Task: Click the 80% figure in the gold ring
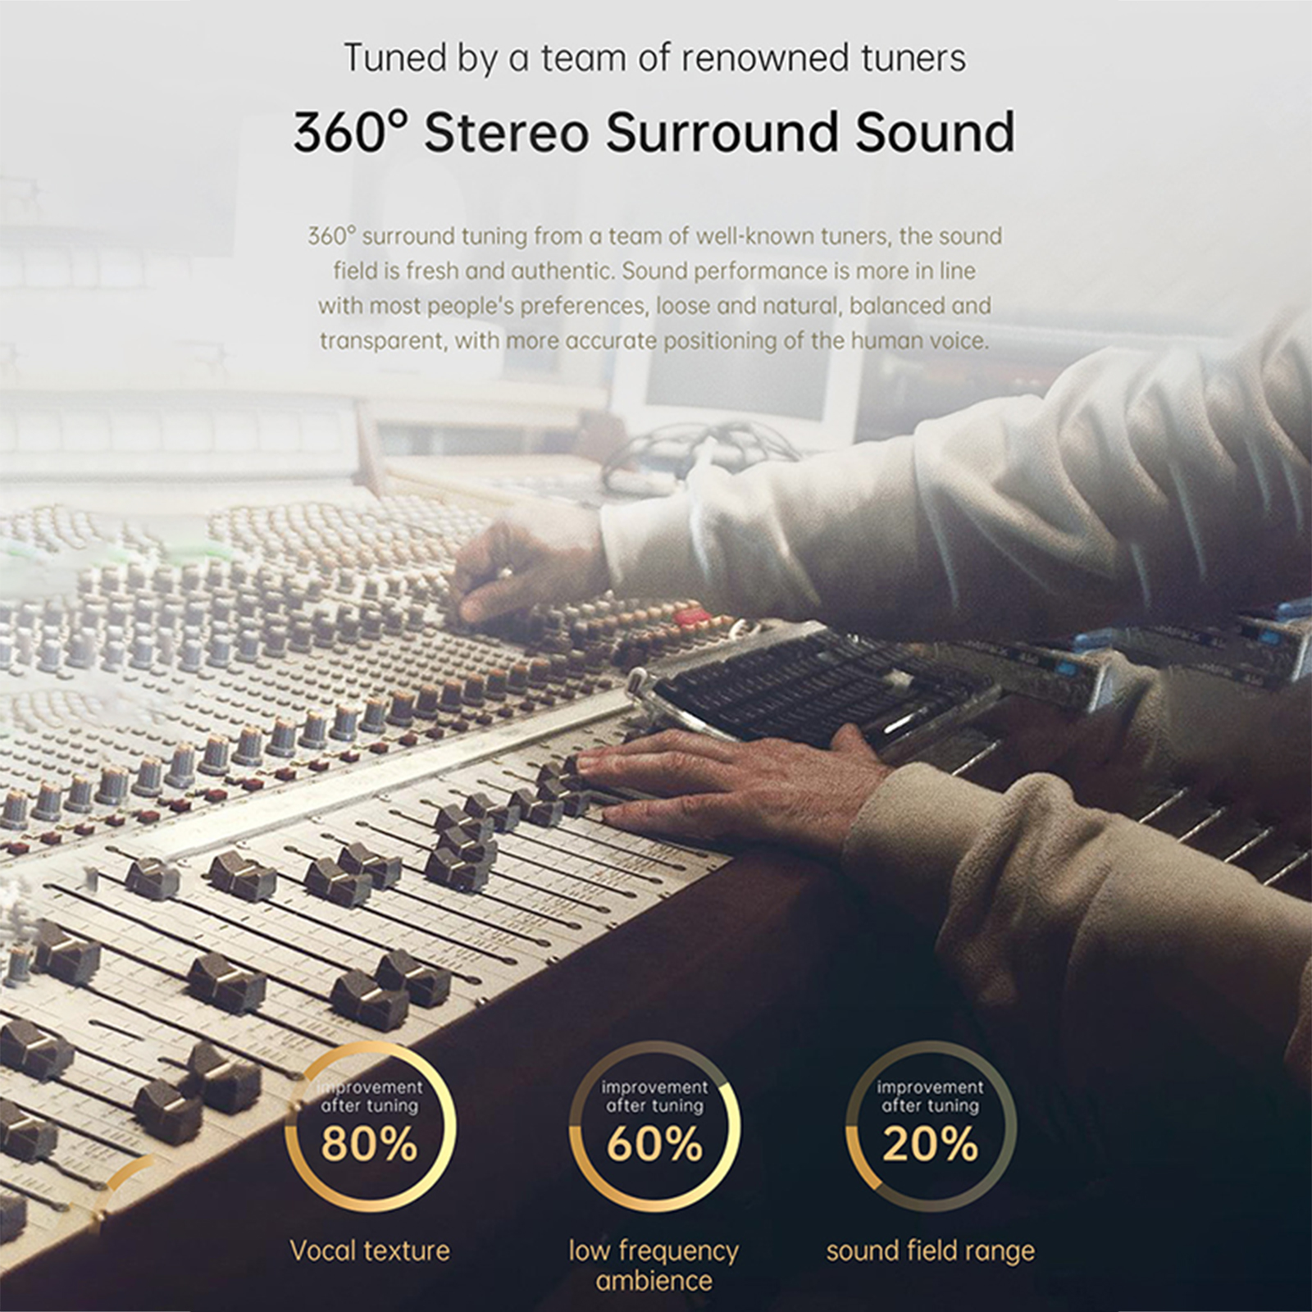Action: point(369,1143)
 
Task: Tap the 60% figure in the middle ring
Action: point(654,1143)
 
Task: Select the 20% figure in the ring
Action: point(930,1143)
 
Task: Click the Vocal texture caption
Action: point(370,1250)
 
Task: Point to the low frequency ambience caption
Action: point(654,1265)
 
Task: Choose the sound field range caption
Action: point(930,1250)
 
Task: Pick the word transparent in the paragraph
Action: point(382,340)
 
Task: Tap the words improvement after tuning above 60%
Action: point(654,1096)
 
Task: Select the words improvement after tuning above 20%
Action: point(930,1096)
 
